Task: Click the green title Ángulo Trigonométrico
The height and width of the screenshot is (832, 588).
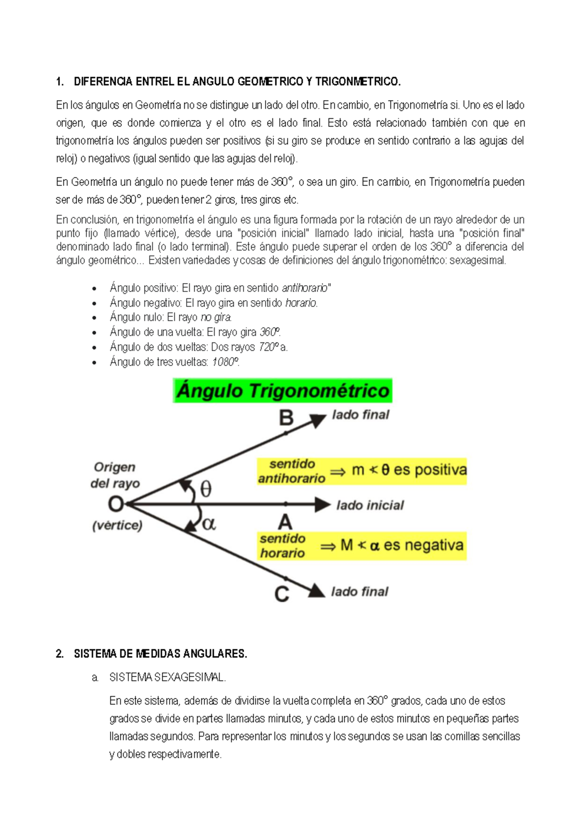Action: [x=283, y=391]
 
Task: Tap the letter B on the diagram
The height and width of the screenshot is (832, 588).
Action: [x=286, y=418]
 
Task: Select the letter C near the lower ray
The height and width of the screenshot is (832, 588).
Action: [x=282, y=594]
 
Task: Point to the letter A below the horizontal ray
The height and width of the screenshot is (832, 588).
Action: [x=285, y=522]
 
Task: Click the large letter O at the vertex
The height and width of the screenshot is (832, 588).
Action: [x=116, y=504]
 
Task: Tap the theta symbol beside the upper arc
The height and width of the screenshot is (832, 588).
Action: [x=206, y=489]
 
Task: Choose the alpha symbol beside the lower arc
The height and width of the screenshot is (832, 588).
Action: [x=209, y=524]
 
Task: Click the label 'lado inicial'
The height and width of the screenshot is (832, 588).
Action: [x=370, y=505]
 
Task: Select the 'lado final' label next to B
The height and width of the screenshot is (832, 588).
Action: [x=361, y=415]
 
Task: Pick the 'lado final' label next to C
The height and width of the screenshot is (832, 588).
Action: [x=360, y=592]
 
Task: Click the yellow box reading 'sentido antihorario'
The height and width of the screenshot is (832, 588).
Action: [x=292, y=471]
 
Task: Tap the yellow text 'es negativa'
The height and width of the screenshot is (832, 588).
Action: [x=423, y=545]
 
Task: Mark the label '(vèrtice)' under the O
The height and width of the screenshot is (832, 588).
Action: [x=117, y=525]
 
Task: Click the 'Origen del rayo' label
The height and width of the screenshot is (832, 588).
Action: [x=115, y=475]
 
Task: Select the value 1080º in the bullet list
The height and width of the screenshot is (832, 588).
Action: [x=225, y=362]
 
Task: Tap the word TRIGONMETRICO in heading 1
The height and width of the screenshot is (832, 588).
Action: [x=358, y=81]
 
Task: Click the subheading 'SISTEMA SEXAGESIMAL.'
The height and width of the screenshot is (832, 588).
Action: [x=167, y=677]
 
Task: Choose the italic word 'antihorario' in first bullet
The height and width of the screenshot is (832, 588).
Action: [x=305, y=288]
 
